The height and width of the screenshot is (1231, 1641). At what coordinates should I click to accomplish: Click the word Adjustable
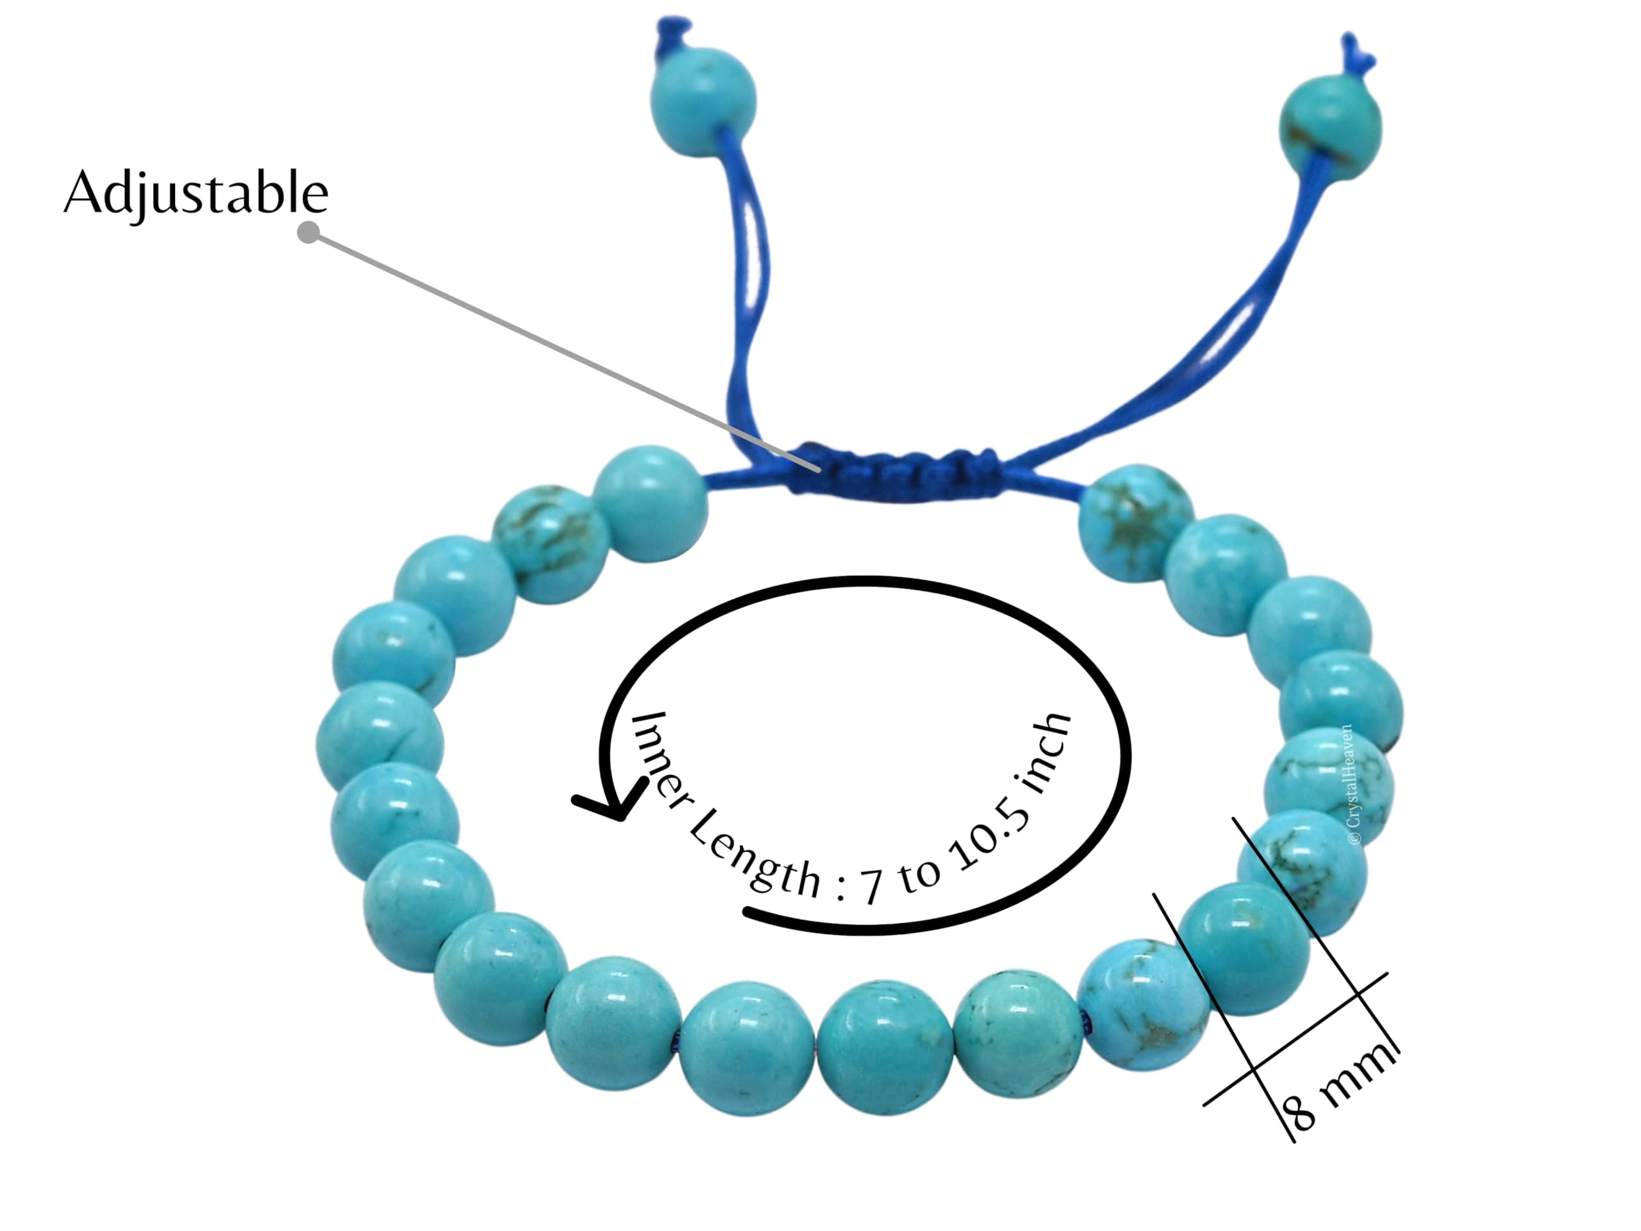pos(196,193)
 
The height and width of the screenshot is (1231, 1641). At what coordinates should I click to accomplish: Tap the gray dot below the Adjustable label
pos(308,232)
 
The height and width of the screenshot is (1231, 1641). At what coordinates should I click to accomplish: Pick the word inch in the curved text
pos(1045,755)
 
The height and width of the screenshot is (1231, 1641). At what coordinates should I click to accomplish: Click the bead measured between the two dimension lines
pos(1244,949)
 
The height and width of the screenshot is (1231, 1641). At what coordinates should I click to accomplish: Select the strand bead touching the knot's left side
pos(651,503)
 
